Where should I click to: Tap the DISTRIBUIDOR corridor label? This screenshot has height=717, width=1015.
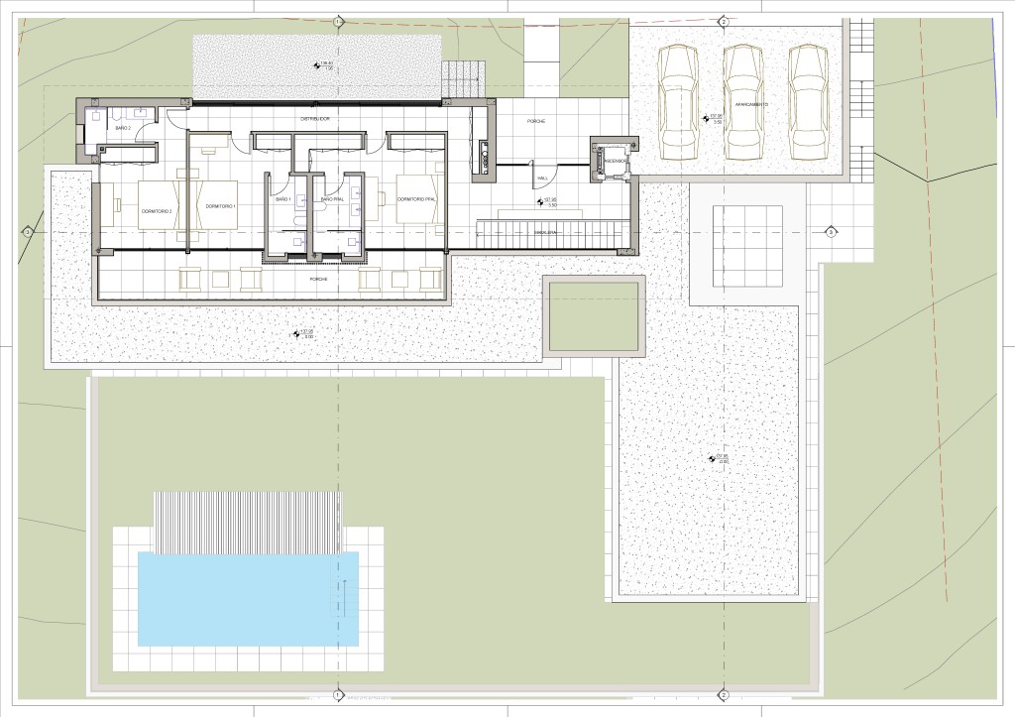[315, 119]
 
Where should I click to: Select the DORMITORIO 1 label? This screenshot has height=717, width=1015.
[219, 205]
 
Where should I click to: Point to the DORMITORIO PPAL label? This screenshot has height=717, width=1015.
[415, 199]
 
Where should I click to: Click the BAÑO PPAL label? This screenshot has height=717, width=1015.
[332, 199]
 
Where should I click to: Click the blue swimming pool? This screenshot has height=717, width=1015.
[248, 598]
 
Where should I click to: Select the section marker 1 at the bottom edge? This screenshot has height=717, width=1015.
[338, 695]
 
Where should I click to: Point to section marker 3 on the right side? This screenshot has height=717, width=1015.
[831, 232]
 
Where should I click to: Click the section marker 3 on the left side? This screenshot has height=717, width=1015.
[28, 232]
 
